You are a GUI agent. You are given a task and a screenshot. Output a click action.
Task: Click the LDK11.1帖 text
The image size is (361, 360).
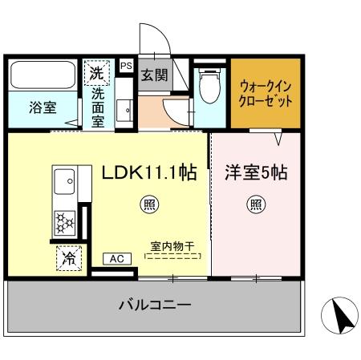point(149,171)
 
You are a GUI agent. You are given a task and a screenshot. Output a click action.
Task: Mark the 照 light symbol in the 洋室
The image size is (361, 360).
point(254,205)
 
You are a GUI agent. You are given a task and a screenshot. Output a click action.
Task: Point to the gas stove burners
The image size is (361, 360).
point(63,218)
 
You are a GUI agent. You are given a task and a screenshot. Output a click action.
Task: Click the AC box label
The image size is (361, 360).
point(117,258)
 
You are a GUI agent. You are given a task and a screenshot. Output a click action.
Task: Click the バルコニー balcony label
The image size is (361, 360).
point(156,305)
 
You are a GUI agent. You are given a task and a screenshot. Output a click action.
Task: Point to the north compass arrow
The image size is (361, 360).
point(343,317)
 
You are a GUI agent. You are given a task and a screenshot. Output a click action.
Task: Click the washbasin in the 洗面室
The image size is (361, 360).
point(126,111)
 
